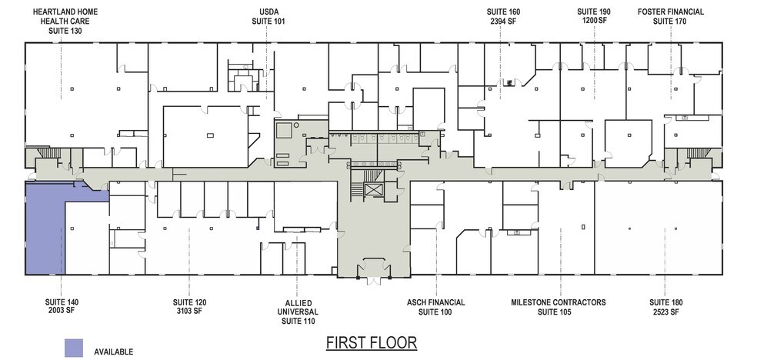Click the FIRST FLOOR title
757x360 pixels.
coord(371,342)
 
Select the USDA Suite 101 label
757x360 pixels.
coord(268,17)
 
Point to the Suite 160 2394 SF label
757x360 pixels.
coord(503,17)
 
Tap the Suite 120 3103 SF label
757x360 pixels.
coord(188,307)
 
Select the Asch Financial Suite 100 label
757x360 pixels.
coord(435,307)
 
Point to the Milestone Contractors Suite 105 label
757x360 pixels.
coord(558,307)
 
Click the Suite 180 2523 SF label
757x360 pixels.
coord(664,307)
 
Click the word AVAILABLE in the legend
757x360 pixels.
coord(113,352)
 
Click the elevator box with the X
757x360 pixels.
coord(374,192)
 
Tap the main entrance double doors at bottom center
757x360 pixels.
coord(374,272)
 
